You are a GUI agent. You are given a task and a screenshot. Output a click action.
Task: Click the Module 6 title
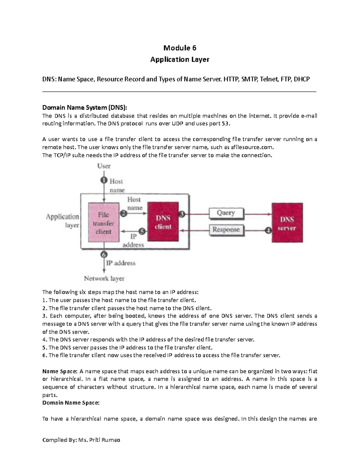click(x=180, y=48)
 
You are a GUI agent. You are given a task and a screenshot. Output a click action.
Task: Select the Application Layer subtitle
click(x=180, y=59)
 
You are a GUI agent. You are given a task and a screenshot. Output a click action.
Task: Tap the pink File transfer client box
click(x=103, y=222)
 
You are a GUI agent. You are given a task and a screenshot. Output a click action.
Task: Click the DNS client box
click(x=163, y=222)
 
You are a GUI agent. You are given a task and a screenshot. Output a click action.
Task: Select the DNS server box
click(x=287, y=223)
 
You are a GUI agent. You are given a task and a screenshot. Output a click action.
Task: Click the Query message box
click(x=226, y=213)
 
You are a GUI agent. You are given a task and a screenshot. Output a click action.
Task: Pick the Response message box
click(x=226, y=230)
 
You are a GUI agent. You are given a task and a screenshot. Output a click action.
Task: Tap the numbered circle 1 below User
click(x=103, y=180)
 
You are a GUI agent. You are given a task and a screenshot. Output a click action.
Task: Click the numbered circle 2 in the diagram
click(x=124, y=213)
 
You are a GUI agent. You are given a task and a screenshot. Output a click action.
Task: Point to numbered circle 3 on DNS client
click(x=182, y=214)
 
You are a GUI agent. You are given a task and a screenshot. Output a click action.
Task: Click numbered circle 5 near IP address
click(x=142, y=231)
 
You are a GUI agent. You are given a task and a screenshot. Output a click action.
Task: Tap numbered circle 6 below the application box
click(x=104, y=254)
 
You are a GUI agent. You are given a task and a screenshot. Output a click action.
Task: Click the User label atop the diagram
click(x=104, y=166)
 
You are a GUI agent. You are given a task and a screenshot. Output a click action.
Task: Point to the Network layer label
click(x=104, y=278)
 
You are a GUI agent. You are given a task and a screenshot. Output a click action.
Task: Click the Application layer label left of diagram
click(x=63, y=221)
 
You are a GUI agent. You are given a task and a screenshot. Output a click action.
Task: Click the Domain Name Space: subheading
click(x=70, y=403)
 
